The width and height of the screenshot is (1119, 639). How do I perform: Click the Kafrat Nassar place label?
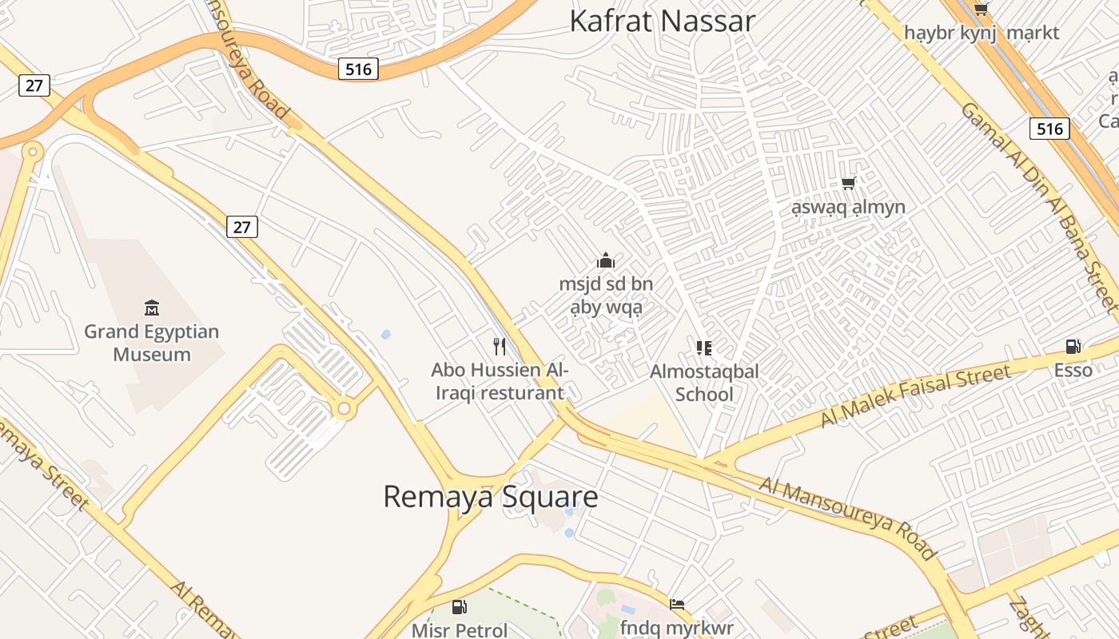[662, 22]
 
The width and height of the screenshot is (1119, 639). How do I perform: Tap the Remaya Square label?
[491, 497]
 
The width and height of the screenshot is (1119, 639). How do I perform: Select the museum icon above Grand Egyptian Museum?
[152, 308]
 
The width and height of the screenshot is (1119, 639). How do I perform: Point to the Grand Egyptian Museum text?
[152, 343]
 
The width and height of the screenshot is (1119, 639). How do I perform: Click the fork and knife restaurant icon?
[500, 347]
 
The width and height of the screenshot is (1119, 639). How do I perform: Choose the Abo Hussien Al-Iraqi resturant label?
[500, 381]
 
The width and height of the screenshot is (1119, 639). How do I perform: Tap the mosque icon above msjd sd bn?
[606, 260]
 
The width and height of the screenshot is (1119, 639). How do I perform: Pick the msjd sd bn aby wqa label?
[606, 296]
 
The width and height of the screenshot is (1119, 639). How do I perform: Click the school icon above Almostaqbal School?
[704, 347]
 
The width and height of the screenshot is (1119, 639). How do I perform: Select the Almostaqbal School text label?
[704, 383]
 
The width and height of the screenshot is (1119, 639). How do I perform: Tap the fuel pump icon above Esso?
[1073, 347]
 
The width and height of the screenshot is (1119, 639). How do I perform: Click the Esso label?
[1073, 370]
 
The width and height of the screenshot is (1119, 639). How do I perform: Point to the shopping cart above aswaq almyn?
[849, 184]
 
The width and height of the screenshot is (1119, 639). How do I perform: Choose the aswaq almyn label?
[849, 208]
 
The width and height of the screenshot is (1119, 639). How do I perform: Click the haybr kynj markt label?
[982, 33]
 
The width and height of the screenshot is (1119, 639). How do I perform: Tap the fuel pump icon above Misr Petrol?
[459, 607]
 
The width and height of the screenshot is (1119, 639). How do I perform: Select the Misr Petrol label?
[460, 630]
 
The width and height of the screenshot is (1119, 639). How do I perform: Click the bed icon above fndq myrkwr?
[677, 604]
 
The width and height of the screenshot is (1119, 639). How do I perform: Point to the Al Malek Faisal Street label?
[916, 395]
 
